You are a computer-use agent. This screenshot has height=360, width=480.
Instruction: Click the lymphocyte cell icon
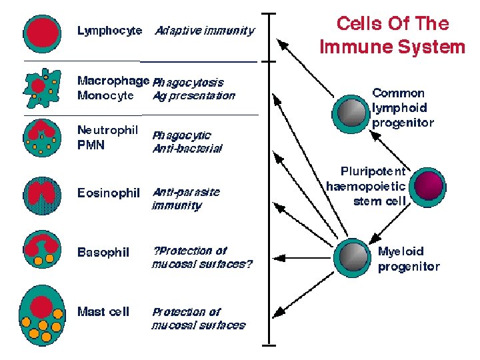42,31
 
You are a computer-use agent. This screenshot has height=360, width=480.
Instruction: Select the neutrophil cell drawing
42,137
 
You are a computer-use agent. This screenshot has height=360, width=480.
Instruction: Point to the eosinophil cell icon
42,194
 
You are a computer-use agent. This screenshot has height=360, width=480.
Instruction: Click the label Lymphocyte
109,31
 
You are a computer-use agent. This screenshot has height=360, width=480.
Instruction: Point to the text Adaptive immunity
205,31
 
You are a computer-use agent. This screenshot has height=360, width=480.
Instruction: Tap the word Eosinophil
109,193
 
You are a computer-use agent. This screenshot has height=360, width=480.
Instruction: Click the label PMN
91,145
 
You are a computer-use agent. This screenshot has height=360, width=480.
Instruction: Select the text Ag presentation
194,96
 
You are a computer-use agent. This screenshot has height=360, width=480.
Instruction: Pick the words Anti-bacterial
187,149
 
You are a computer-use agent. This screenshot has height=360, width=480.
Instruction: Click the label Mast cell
103,311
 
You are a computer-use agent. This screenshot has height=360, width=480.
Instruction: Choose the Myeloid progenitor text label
409,259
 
